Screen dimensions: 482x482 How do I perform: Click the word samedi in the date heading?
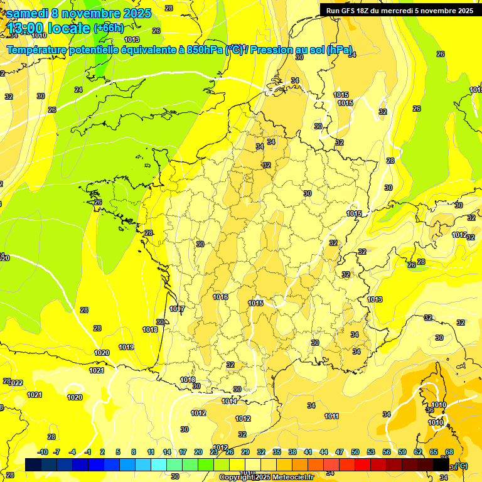click(26, 13)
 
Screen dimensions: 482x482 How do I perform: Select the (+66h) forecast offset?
click(109, 28)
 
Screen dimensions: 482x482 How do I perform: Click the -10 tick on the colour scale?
click(43, 452)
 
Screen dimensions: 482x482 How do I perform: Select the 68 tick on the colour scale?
click(449, 452)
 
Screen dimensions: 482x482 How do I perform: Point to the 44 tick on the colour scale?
click(324, 452)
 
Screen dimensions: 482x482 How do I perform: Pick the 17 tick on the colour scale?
click(183, 452)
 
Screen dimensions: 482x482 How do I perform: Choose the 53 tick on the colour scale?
click(371, 452)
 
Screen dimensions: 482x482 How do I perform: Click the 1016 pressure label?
click(220, 297)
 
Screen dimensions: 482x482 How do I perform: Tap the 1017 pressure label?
click(177, 309)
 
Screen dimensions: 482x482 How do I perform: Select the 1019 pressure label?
click(126, 347)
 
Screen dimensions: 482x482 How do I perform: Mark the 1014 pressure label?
click(229, 401)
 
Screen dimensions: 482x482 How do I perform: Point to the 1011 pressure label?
click(332, 416)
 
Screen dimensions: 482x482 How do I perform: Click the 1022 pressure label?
click(16, 383)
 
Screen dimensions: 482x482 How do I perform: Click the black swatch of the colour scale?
click(442, 464)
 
